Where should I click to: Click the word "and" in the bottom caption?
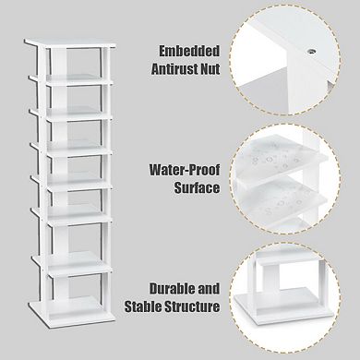211,289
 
